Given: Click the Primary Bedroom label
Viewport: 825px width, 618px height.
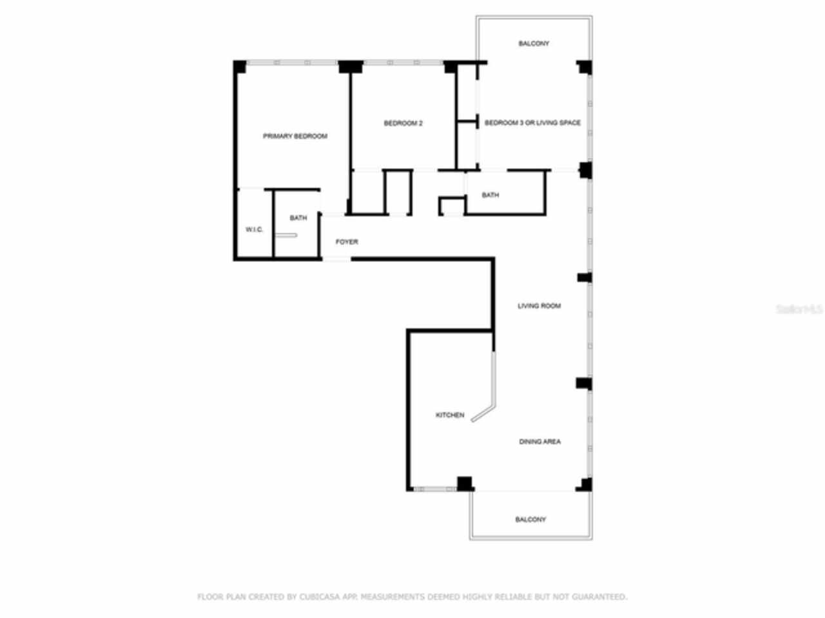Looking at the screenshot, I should (x=295, y=136).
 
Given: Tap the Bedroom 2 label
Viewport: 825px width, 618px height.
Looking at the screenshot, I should (x=403, y=124).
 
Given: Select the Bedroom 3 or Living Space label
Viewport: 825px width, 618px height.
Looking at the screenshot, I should (x=532, y=123).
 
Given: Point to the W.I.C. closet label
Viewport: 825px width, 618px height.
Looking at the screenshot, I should (x=254, y=230).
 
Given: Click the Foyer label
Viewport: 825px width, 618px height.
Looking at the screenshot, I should (x=347, y=242).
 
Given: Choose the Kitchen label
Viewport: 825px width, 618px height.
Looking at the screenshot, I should (x=450, y=415).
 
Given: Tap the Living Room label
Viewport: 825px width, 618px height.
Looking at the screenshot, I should (x=539, y=306).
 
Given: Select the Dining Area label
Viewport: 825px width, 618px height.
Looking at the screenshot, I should (x=539, y=442).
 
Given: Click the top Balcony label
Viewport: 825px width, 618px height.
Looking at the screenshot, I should (x=534, y=44).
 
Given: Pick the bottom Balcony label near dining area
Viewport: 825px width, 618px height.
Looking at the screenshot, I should (x=530, y=520).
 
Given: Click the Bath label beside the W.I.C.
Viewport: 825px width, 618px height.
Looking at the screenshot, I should (x=298, y=218).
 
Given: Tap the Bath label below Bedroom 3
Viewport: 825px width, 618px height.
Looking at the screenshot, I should (x=490, y=195).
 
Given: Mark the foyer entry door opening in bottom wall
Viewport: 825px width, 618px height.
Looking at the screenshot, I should (x=336, y=259).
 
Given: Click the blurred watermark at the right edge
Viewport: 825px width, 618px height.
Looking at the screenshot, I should (x=799, y=309).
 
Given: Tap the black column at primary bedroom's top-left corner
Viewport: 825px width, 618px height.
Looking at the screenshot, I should (x=239, y=66).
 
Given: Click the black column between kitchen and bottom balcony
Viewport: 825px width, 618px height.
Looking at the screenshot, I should (x=464, y=483).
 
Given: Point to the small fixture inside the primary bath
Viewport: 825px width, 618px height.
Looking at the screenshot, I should (x=284, y=236).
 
